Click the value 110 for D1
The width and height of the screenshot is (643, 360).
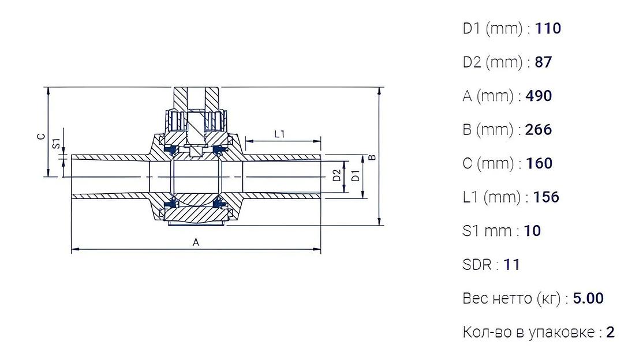tap(548, 28)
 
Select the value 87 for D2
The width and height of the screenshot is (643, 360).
tap(543, 62)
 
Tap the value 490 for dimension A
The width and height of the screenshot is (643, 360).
tap(539, 96)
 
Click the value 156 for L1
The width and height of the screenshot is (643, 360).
tap(546, 197)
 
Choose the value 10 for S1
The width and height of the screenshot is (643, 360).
tap(533, 231)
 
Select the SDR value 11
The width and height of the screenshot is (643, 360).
tap(511, 265)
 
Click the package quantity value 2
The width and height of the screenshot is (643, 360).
tap(611, 332)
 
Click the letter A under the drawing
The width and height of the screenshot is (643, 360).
tap(196, 243)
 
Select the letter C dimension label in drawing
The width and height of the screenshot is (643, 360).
tap(40, 136)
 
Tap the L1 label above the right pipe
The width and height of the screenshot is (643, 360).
tap(280, 134)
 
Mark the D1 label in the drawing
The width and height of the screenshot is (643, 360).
tap(356, 176)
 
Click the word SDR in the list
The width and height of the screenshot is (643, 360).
tap(477, 265)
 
